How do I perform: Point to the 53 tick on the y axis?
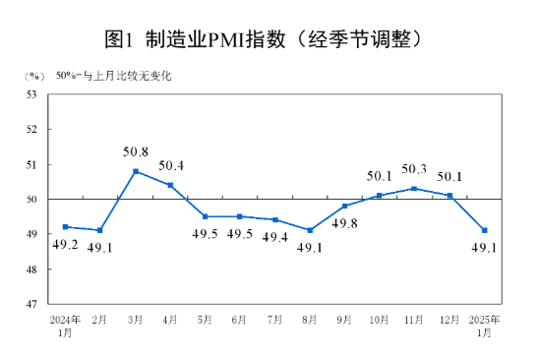point(30,94)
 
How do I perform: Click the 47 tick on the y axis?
point(30,304)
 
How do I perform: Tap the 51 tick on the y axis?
point(30,164)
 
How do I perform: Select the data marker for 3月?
point(135,171)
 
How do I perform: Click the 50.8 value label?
point(136,152)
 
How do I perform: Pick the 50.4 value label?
point(171,165)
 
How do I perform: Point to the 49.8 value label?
point(344,225)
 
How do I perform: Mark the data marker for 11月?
point(414,188)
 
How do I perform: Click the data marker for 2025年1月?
point(485,230)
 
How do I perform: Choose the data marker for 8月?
point(310,230)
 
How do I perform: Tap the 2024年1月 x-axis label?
point(65,326)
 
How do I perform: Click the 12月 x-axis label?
point(449,321)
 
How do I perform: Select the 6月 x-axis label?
point(239,321)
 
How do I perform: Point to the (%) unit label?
point(34,75)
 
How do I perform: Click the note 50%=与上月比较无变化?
point(113,75)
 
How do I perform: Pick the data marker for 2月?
point(99,230)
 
